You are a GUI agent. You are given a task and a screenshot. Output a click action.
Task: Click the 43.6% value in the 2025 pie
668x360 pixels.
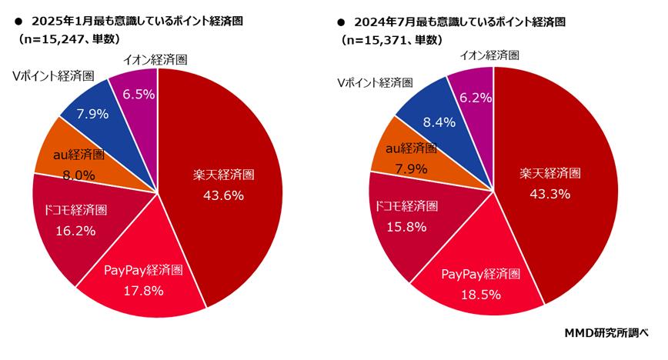pyautogui.click(x=224, y=195)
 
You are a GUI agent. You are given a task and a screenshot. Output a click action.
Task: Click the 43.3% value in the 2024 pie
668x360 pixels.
pyautogui.click(x=549, y=194)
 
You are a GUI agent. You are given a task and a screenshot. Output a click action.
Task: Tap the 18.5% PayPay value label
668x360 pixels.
pyautogui.click(x=483, y=294)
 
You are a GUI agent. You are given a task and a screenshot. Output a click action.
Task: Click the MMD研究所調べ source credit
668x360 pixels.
pyautogui.click(x=606, y=334)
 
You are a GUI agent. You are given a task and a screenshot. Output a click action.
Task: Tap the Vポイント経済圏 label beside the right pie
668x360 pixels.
pyautogui.click(x=374, y=82)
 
